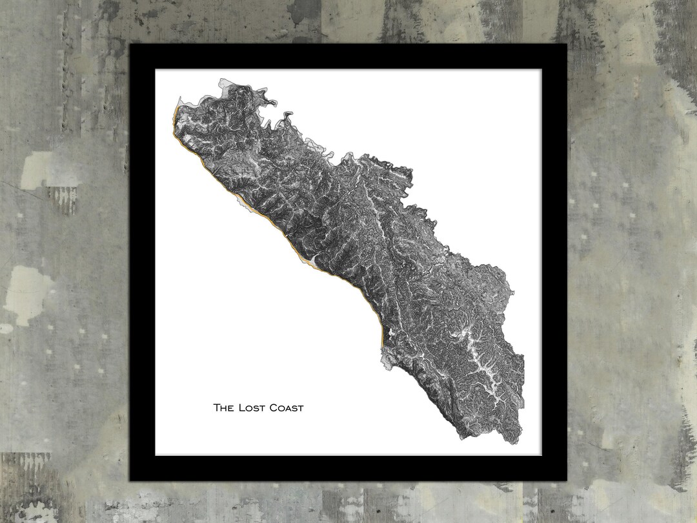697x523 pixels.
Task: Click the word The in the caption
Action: click(x=223, y=407)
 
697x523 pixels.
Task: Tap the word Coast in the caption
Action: click(x=287, y=407)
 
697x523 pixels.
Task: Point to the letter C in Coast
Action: click(x=274, y=407)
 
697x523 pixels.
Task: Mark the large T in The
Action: click(x=217, y=407)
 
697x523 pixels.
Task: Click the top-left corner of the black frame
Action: click(x=132, y=46)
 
